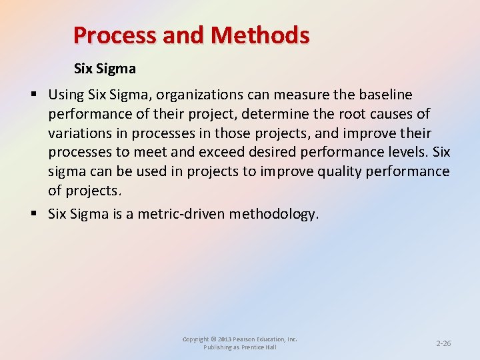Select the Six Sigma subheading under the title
(x=105, y=68)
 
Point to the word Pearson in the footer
(x=245, y=339)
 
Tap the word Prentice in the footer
(x=253, y=347)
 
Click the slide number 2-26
(x=443, y=343)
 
